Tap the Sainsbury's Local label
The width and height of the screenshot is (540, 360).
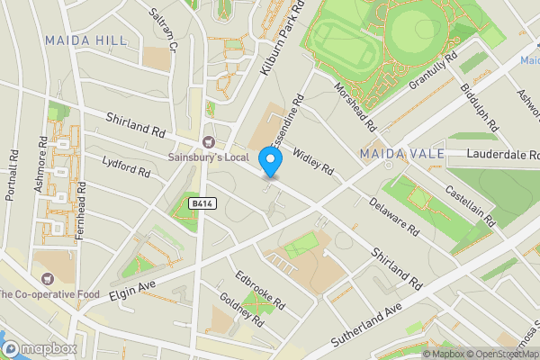pos(211,157)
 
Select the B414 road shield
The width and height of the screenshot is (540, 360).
pos(202,204)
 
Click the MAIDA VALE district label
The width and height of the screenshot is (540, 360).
pos(402,154)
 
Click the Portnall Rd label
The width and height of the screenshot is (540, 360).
pos(12,169)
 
